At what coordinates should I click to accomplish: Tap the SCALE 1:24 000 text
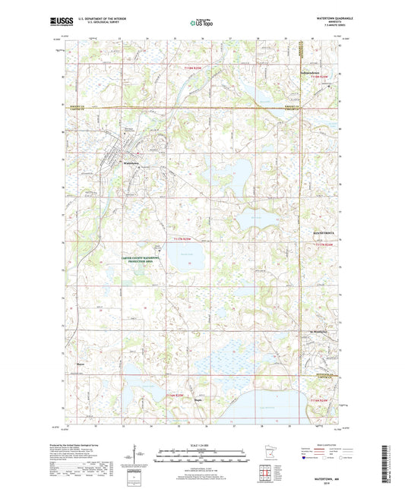click(202, 444)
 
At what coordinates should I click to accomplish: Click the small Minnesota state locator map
click(262, 456)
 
